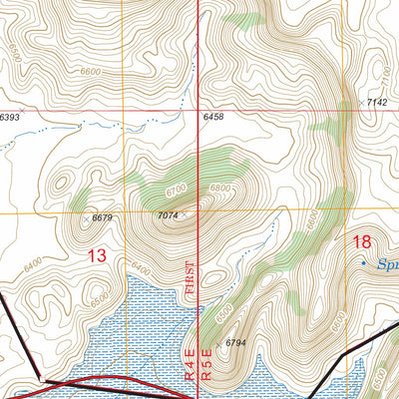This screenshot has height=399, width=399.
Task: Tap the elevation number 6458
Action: tap(213, 118)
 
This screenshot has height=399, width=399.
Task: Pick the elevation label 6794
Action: tap(235, 343)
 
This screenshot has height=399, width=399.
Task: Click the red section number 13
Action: tap(97, 256)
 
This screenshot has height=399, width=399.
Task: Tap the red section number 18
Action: tap(362, 241)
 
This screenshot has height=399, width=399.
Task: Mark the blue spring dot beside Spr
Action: tap(362, 262)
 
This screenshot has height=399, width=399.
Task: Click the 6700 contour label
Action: tap(178, 190)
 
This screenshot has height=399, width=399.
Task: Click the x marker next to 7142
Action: tap(361, 102)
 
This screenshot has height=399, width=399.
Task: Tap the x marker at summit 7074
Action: tap(184, 211)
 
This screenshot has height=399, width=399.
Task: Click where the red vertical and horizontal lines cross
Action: tap(199, 111)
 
